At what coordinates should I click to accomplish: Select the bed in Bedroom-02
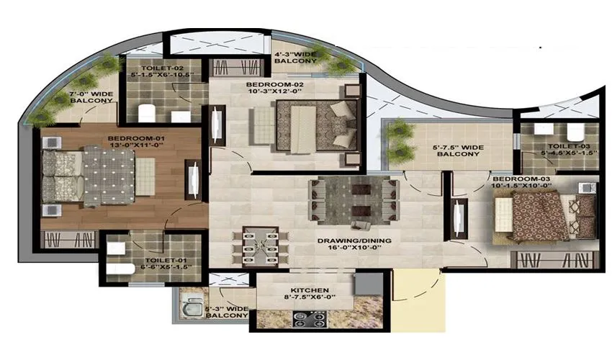click(x=315, y=124)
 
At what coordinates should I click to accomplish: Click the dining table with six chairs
click(x=260, y=245)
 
